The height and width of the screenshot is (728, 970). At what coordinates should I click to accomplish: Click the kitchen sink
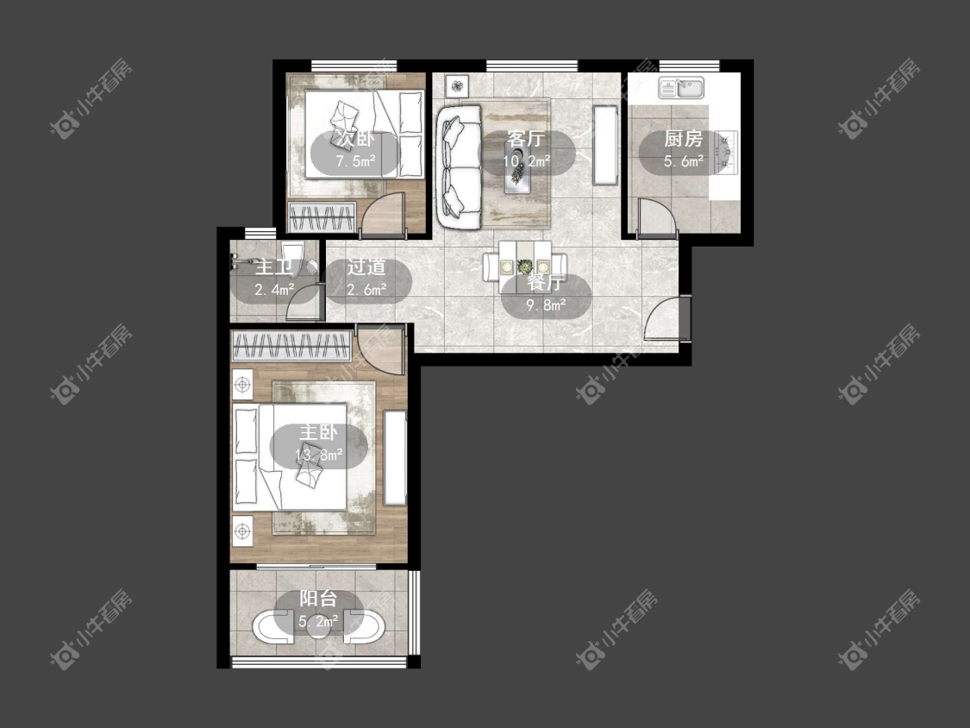[x=681, y=88]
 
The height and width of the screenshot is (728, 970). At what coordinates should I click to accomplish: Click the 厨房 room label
[x=684, y=139]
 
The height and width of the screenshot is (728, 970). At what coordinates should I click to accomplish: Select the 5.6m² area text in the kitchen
[x=684, y=161]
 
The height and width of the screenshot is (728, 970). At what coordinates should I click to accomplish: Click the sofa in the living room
[x=460, y=167]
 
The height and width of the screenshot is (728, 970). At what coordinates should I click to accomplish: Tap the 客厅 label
[x=525, y=137]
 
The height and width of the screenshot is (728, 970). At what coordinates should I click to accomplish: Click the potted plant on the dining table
[x=525, y=267]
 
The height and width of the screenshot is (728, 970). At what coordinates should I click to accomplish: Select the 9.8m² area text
[x=546, y=305]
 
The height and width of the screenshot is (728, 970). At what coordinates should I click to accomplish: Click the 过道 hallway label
[x=366, y=267]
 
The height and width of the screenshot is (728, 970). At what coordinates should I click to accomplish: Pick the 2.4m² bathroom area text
[x=274, y=289]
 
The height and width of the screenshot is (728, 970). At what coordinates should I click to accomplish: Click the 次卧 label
[x=356, y=139]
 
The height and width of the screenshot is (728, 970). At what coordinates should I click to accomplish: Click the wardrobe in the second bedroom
[x=322, y=217]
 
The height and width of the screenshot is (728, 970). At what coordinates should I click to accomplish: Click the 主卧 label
[x=318, y=431]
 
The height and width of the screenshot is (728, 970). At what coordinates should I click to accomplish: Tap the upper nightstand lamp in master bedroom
[x=242, y=385]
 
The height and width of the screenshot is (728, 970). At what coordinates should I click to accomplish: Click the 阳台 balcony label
[x=318, y=598]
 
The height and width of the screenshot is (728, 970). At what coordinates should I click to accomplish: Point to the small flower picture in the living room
[x=457, y=85]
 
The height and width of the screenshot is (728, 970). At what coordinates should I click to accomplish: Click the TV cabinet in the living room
[x=605, y=145]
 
